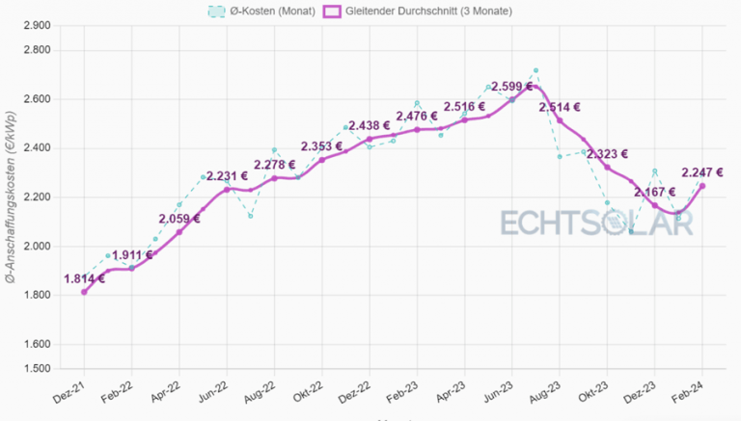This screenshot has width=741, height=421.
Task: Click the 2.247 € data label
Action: click(704, 172)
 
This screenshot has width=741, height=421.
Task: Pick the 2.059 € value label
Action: click(178, 219)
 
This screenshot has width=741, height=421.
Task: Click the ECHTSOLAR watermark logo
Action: click(596, 222)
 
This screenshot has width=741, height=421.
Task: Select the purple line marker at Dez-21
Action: click(84, 292)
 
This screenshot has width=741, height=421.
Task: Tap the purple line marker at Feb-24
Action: click(701, 186)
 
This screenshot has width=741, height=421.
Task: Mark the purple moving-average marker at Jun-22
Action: click(227, 190)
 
